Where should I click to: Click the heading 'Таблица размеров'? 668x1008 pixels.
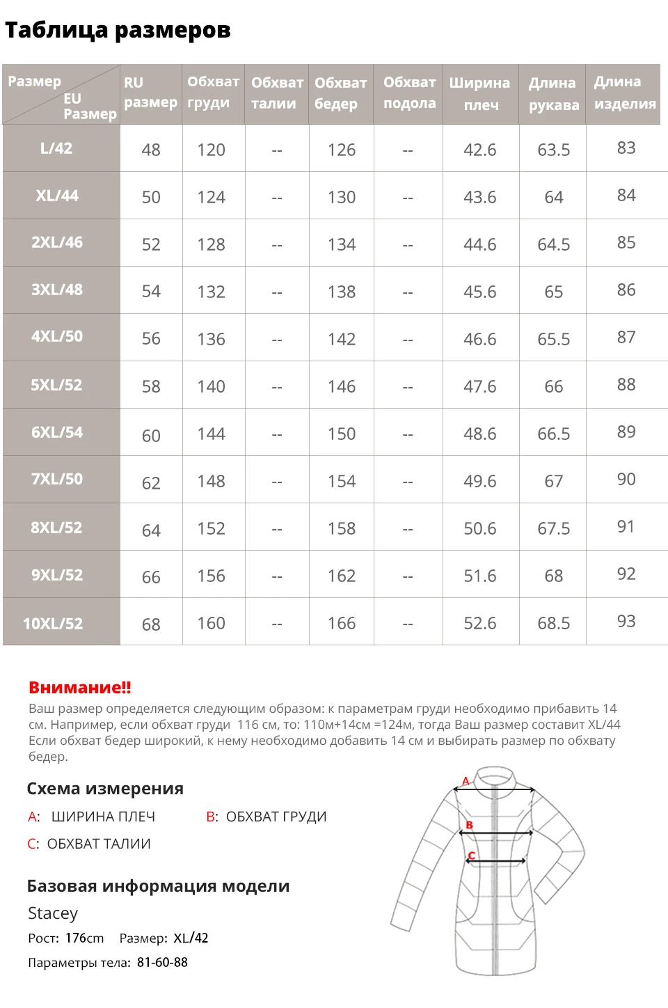[118, 30]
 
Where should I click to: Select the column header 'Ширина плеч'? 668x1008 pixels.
[479, 93]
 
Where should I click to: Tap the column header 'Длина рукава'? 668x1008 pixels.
[553, 93]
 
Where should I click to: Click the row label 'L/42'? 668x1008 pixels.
[56, 148]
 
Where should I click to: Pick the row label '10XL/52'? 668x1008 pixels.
[53, 623]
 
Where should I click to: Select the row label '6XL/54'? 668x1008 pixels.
[57, 432]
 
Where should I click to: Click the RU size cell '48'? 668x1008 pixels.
[151, 150]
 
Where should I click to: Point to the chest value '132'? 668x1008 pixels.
[211, 292]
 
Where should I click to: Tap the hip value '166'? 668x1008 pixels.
[342, 623]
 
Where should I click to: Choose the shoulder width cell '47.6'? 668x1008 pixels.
[480, 386]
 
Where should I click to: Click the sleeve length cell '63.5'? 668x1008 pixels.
[553, 150]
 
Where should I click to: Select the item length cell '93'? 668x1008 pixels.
[626, 621]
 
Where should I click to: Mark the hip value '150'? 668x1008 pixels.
[342, 434]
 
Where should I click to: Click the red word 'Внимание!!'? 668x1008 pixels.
[80, 688]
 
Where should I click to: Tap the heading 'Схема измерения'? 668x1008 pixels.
[105, 789]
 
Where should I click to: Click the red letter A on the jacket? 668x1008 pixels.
[466, 781]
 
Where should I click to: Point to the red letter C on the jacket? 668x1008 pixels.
[471, 856]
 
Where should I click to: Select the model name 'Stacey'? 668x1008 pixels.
[53, 913]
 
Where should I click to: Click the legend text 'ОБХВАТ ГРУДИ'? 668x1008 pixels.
[276, 817]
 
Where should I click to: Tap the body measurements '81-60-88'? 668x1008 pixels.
[162, 962]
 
